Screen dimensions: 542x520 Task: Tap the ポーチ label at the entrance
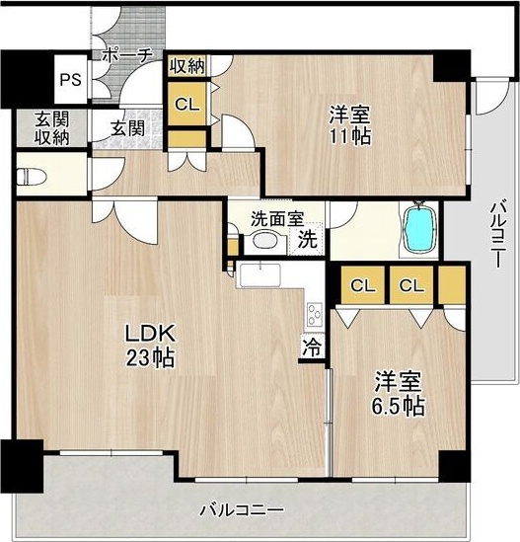pos(126,56)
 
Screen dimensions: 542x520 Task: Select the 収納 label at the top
pos(186,67)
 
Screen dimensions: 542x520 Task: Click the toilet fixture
pos(34,179)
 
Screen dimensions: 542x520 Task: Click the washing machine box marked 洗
pos(308,239)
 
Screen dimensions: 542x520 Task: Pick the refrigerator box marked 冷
pos(312,348)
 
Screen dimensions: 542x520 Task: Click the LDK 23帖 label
pos(148,346)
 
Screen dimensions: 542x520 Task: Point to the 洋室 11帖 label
pos(349,125)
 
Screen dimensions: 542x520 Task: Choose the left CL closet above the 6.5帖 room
pos(362,286)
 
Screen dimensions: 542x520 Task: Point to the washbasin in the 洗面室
pos(264,241)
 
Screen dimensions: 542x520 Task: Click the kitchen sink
pos(260,273)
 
